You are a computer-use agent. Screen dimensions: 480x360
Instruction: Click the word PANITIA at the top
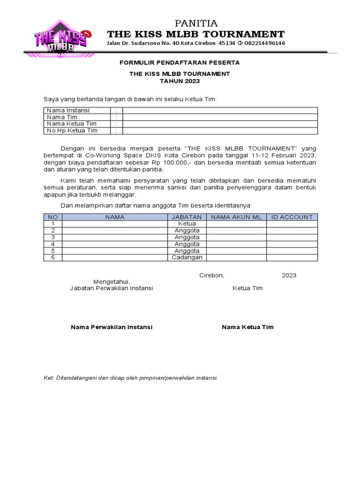pyautogui.click(x=196, y=23)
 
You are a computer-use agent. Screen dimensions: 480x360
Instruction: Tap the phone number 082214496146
pyautogui.click(x=264, y=43)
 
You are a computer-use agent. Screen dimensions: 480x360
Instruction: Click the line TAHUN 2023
pyautogui.click(x=180, y=81)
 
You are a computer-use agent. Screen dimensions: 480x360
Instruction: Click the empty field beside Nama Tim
pyautogui.click(x=220, y=117)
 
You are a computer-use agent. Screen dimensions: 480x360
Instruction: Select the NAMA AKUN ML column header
pyautogui.click(x=236, y=217)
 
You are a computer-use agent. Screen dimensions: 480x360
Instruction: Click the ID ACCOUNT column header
pyautogui.click(x=292, y=217)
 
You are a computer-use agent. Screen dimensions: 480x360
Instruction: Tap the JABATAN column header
pyautogui.click(x=187, y=217)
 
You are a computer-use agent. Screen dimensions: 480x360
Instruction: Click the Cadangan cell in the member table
pyautogui.click(x=187, y=257)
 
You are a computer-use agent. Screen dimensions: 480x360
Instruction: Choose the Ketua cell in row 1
pyautogui.click(x=187, y=224)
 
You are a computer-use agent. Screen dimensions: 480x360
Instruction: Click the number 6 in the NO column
pyautogui.click(x=53, y=257)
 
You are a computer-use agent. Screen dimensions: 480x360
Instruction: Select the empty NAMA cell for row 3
pyautogui.click(x=115, y=237)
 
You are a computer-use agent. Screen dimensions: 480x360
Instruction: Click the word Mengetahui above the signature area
pyautogui.click(x=112, y=282)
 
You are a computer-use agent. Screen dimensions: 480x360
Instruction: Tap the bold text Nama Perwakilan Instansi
pyautogui.click(x=112, y=327)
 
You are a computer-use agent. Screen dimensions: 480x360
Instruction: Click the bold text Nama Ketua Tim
pyautogui.click(x=247, y=327)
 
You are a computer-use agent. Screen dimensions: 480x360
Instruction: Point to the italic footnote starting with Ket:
pyautogui.click(x=131, y=377)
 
